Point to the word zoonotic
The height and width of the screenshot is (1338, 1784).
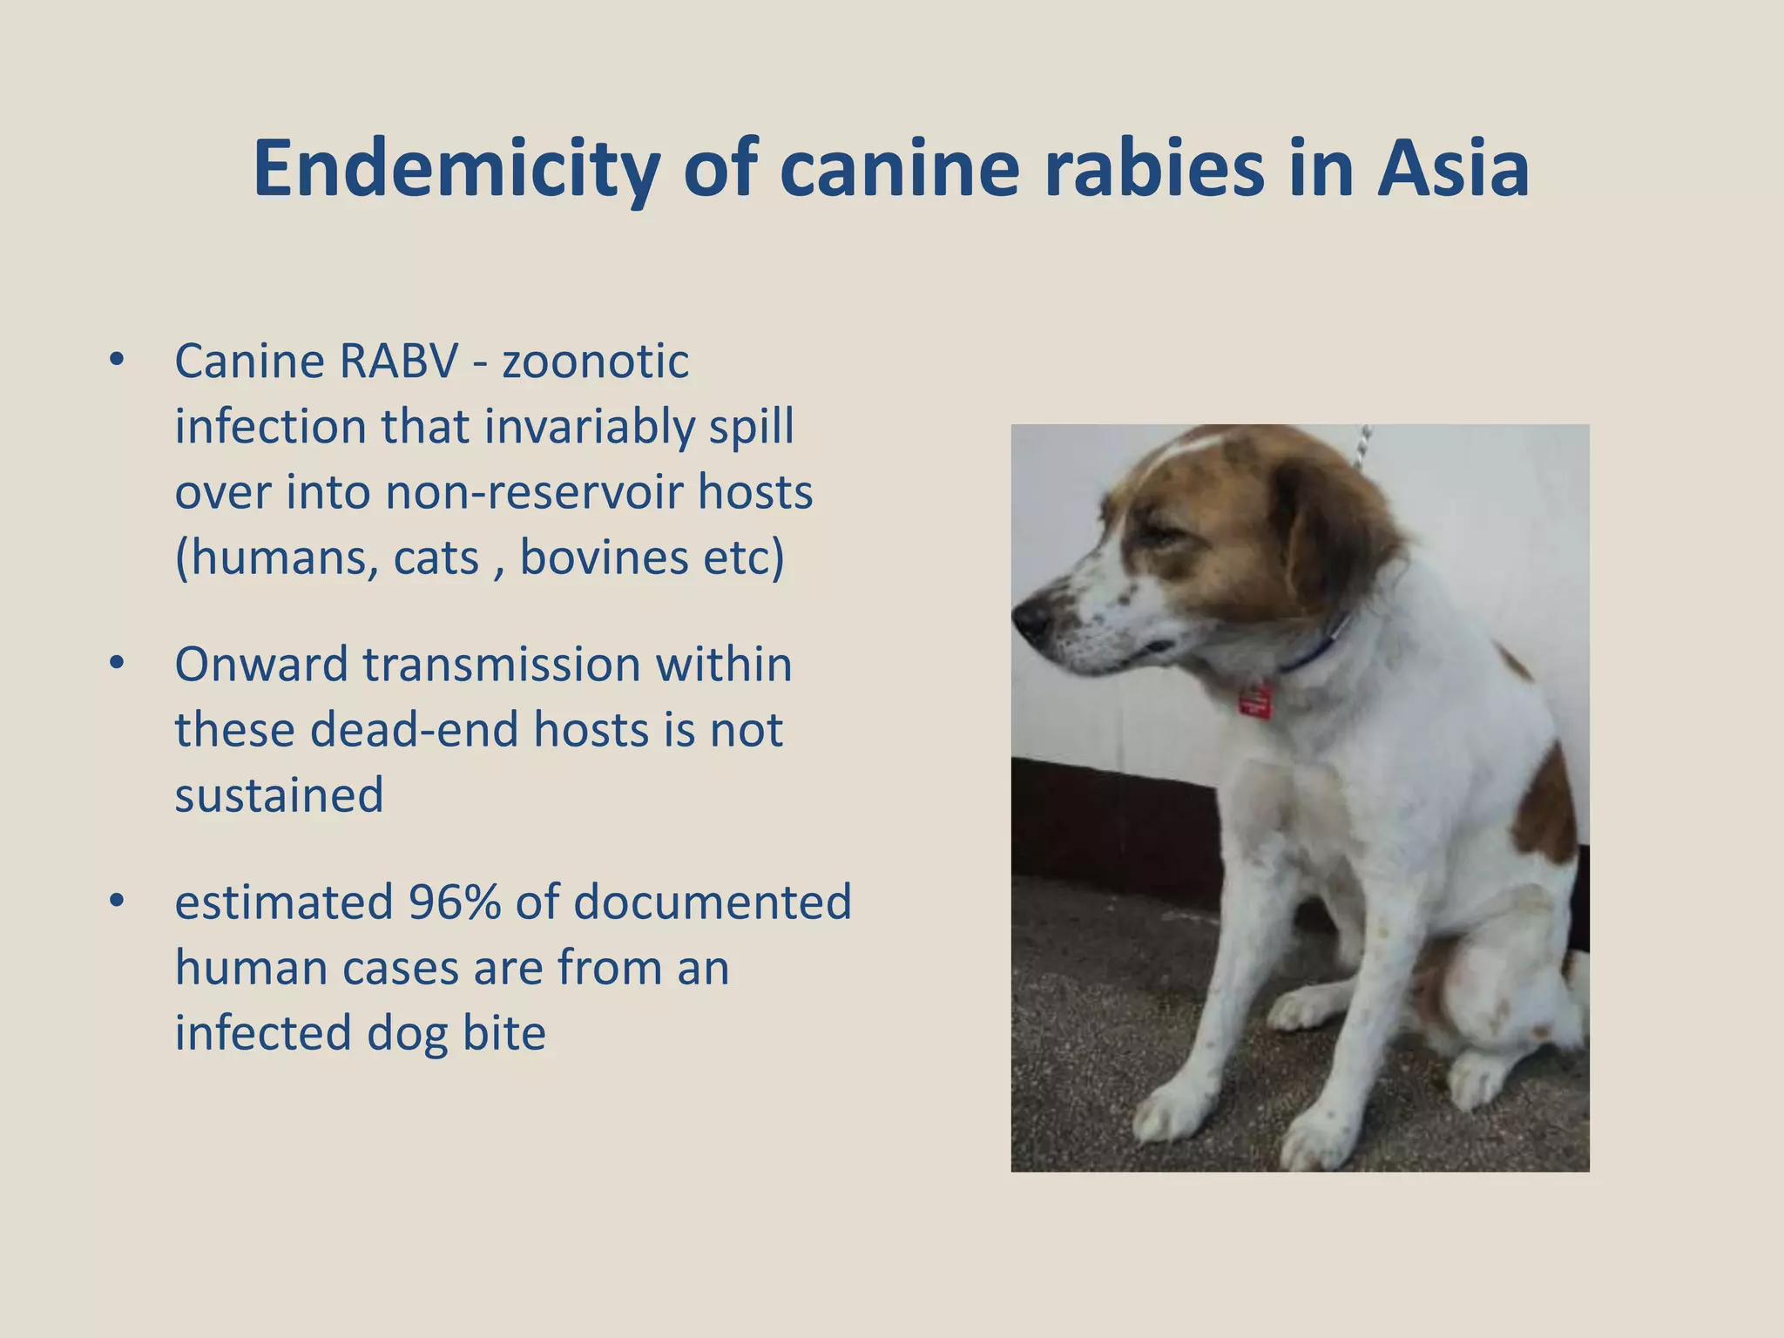tap(595, 362)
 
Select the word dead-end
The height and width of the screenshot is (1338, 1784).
tap(414, 730)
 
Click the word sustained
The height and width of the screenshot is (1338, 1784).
tap(279, 795)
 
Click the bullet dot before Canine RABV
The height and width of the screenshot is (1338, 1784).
tap(117, 360)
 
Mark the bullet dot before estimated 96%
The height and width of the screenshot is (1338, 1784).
tap(117, 902)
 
